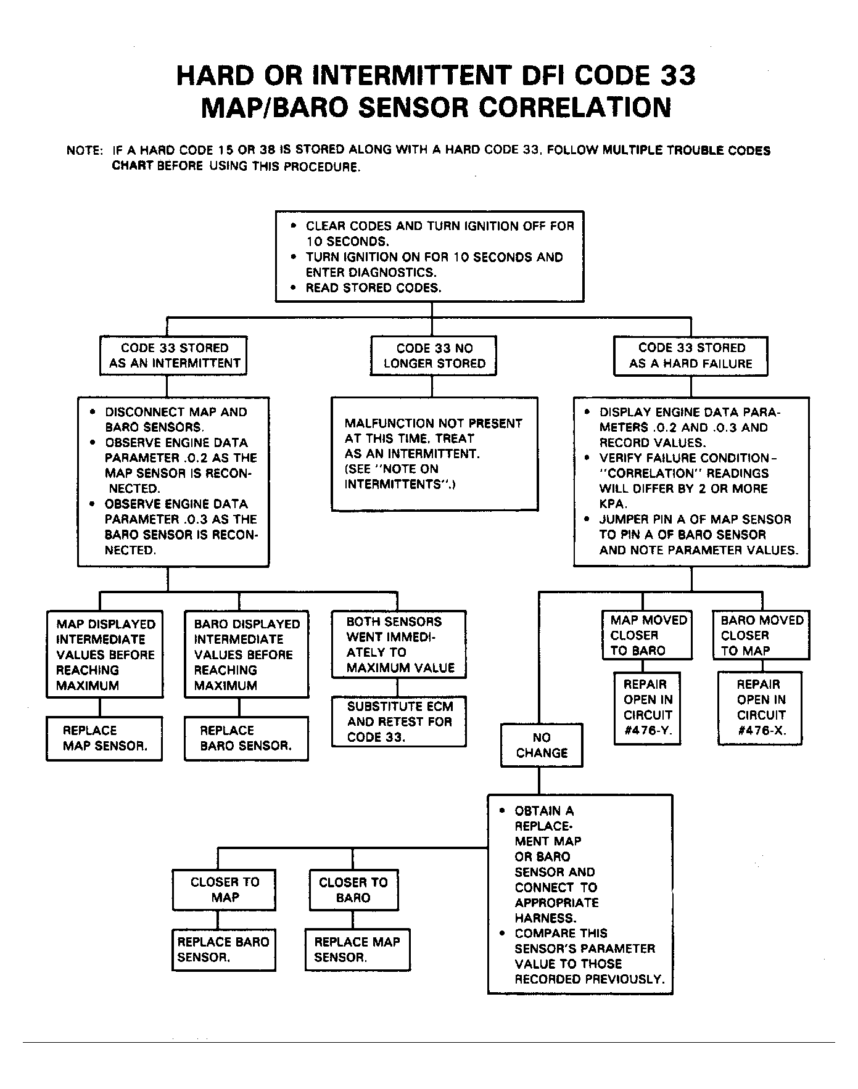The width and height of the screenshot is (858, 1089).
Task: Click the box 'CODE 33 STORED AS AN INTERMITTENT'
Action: [173, 356]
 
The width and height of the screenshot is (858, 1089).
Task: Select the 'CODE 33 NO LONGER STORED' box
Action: [434, 356]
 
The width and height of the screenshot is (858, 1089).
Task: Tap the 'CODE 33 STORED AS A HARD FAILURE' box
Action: [690, 356]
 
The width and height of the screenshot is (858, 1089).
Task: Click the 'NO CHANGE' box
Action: [542, 745]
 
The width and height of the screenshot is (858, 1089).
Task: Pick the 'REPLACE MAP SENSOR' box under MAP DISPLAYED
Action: [104, 738]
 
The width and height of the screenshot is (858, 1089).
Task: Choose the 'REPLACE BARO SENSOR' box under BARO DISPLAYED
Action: [245, 738]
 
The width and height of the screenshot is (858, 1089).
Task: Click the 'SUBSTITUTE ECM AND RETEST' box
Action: [399, 721]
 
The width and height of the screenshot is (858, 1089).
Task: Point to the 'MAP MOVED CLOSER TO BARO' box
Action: [646, 635]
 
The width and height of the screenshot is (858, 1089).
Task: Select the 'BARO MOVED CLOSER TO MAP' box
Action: [761, 635]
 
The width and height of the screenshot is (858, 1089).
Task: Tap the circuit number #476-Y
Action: [648, 730]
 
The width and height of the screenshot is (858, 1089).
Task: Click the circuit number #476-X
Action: [761, 730]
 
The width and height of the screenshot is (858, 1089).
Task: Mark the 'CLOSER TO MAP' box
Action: [224, 890]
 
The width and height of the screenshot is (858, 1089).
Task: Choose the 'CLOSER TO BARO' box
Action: [353, 890]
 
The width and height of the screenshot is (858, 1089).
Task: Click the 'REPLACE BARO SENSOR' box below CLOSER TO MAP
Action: [223, 950]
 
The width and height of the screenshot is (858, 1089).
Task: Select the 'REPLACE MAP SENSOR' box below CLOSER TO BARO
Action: [357, 950]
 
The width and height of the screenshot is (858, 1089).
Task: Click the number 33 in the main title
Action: [678, 75]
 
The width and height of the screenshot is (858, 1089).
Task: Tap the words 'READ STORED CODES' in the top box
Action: [373, 288]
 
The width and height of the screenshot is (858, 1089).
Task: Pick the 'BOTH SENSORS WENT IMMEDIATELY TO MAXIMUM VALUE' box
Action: [399, 644]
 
